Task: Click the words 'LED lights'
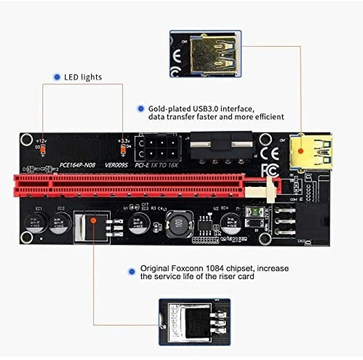pyautogui.click(x=83, y=77)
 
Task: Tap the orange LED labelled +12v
pyautogui.click(x=42, y=146)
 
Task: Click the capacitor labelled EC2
pyautogui.click(x=59, y=223)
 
